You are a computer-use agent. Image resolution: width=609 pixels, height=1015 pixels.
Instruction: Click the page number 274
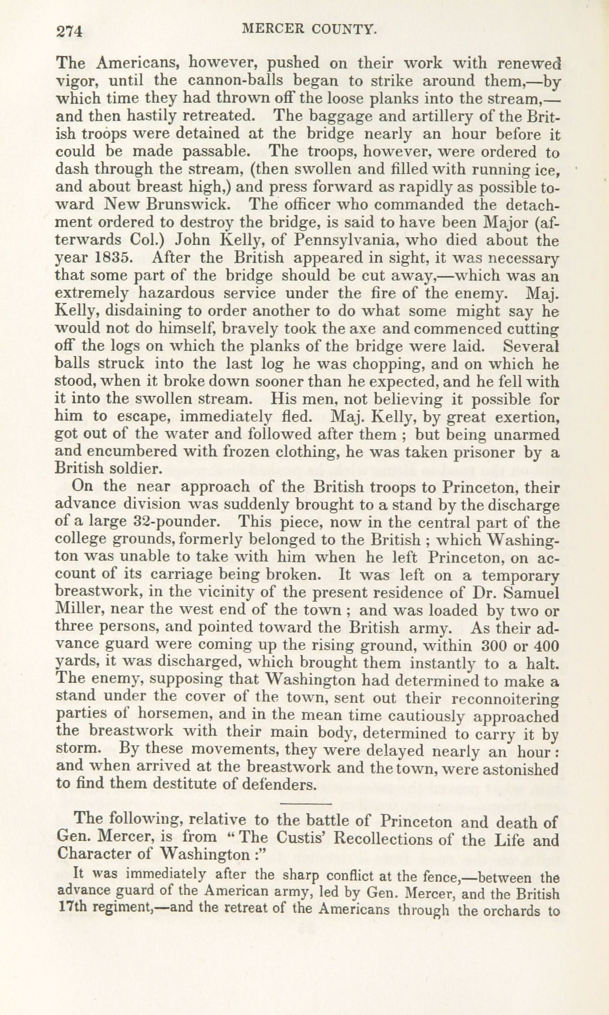tap(70, 32)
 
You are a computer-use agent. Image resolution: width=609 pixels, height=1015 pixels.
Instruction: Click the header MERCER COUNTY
tap(310, 29)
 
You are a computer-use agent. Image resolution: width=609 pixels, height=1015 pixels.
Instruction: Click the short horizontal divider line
tap(306, 803)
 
